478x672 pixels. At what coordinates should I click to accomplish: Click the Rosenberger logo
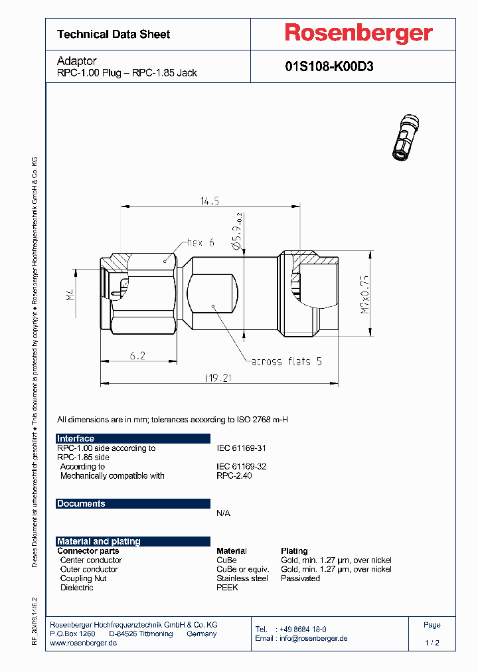pos(358,33)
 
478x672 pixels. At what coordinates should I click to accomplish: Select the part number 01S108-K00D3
pos(329,66)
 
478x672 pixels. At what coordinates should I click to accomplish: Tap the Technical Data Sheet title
pos(114,34)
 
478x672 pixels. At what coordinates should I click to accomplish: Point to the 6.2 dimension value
pos(137,356)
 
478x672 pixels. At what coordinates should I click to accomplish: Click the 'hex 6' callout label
pos(200,242)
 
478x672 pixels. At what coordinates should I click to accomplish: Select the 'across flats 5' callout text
pos(286,361)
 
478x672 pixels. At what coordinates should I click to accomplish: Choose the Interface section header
pos(76,438)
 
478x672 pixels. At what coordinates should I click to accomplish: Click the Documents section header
pos(81,503)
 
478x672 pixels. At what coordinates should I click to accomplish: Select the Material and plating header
pos(99,541)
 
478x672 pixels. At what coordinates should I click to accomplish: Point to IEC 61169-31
pos(242,448)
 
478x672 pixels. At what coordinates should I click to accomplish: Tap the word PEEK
pos(227,588)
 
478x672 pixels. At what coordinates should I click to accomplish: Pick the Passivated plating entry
pos(300,578)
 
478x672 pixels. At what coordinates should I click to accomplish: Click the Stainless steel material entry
pos(242,578)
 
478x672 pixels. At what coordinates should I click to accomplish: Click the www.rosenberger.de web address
pos(84,643)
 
